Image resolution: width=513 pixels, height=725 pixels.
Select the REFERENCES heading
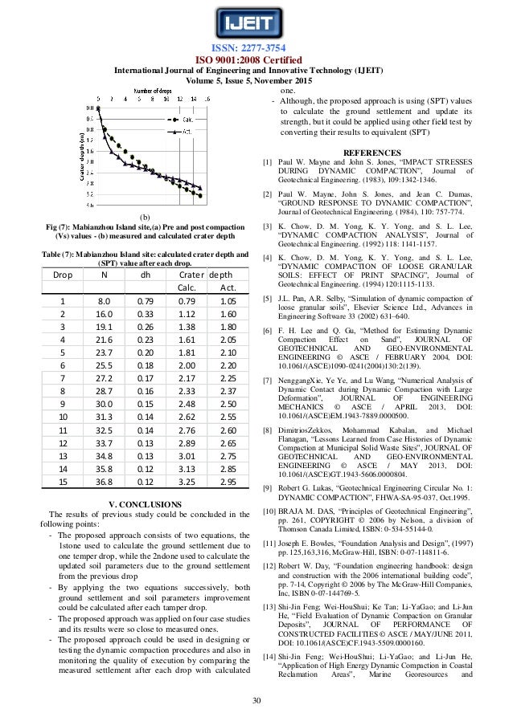click(371, 153)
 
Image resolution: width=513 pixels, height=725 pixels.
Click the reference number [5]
click(269, 299)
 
